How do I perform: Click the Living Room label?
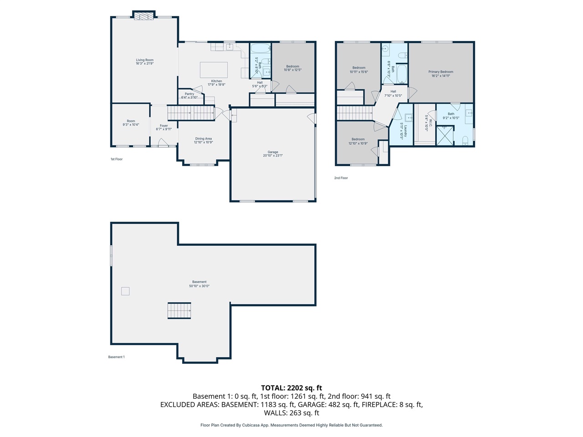(144, 60)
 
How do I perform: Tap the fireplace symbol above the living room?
(144, 16)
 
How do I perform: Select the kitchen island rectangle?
(214, 70)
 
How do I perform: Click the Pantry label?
(189, 94)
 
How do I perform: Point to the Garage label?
(273, 152)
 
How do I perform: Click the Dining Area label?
(203, 138)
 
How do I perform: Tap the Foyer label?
(164, 126)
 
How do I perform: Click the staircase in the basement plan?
(179, 311)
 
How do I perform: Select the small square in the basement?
(125, 291)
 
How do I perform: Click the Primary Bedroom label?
(440, 72)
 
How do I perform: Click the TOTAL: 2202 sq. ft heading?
(291, 388)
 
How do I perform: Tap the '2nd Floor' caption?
(341, 178)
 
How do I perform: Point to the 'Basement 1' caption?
(116, 357)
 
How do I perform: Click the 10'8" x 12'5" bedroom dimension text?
(292, 70)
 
